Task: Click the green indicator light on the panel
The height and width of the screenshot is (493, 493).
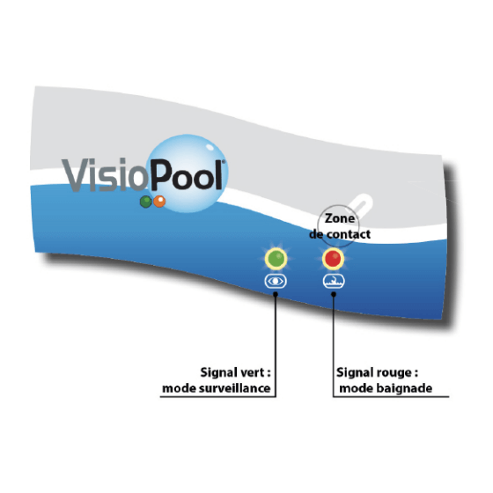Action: click(276, 259)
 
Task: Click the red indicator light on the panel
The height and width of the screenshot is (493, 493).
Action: click(333, 259)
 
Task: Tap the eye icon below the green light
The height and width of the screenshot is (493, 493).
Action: click(276, 281)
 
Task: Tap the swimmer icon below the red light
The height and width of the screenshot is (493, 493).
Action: click(334, 281)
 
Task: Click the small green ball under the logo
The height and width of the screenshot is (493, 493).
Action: click(145, 202)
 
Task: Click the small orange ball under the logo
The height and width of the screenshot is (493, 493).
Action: click(159, 202)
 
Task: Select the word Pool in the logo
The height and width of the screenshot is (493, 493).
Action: click(187, 175)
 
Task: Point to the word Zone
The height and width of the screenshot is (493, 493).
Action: click(340, 218)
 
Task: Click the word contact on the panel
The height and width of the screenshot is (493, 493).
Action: click(349, 234)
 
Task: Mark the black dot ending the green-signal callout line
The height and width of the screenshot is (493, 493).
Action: click(276, 294)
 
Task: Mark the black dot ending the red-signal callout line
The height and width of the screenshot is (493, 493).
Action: click(334, 294)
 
